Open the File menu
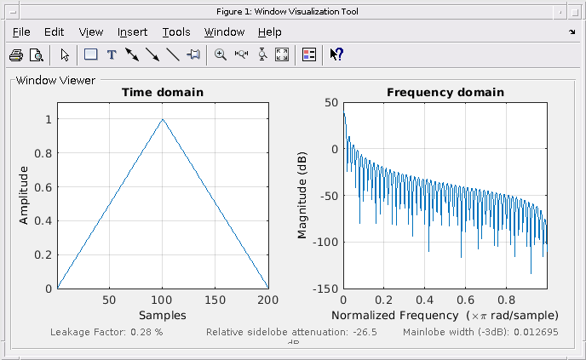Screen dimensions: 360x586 pyautogui.click(x=21, y=32)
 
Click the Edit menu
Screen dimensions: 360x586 pyautogui.click(x=55, y=32)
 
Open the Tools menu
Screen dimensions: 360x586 pyautogui.click(x=176, y=32)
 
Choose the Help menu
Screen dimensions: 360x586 pyautogui.click(x=269, y=32)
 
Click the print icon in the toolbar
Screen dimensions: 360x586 pyautogui.click(x=16, y=55)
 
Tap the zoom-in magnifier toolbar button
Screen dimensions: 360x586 pyautogui.click(x=220, y=55)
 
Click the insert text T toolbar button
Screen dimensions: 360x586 pyautogui.click(x=111, y=55)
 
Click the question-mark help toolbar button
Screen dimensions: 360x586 pyautogui.click(x=336, y=55)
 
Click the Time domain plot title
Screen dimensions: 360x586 pyautogui.click(x=163, y=92)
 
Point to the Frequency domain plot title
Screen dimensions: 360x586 pyautogui.click(x=445, y=92)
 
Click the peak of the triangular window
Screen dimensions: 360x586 pyautogui.click(x=163, y=119)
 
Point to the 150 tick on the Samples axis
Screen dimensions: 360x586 pyautogui.click(x=215, y=300)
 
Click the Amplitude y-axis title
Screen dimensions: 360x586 pyautogui.click(x=25, y=196)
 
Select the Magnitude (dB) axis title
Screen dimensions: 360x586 pyautogui.click(x=302, y=196)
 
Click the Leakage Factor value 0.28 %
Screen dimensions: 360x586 pyautogui.click(x=146, y=331)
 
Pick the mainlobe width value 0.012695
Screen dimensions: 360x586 pyautogui.click(x=534, y=331)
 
